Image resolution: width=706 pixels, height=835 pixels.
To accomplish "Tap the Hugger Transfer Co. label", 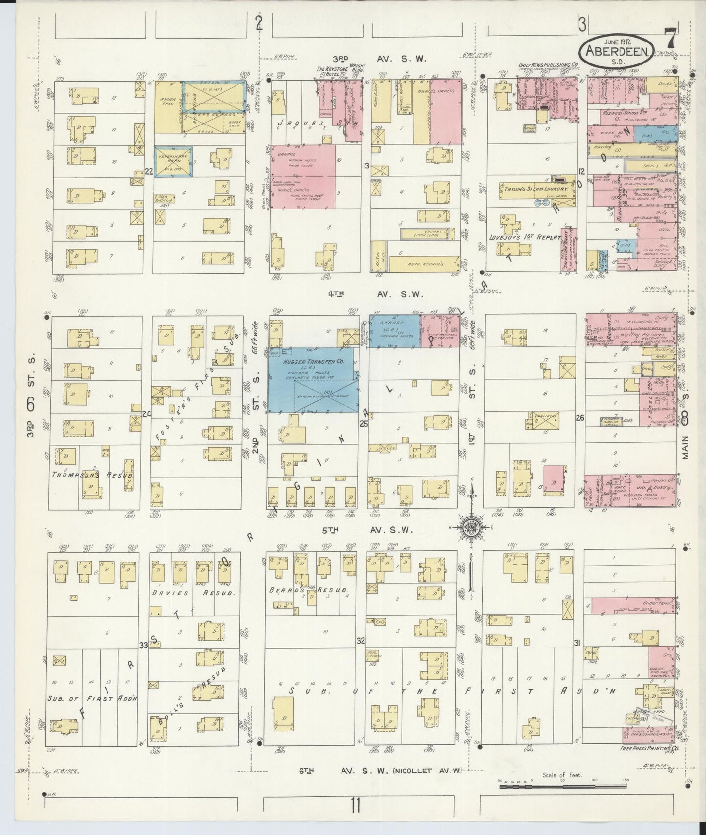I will coord(311,362).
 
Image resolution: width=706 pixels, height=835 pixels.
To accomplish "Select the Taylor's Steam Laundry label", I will coord(534,189).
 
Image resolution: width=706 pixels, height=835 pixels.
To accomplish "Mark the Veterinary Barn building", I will coord(173,161).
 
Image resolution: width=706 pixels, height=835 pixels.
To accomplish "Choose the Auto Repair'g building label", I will coord(425,264).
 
